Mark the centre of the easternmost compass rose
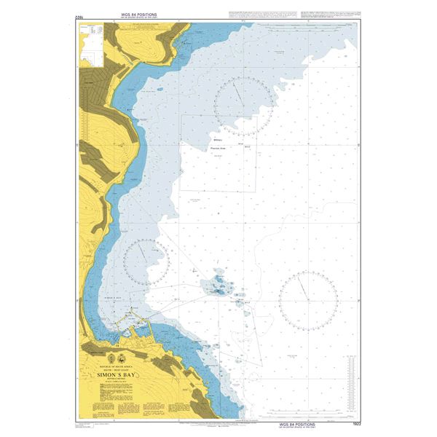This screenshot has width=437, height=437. [307, 299]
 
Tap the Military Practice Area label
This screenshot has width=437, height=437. [219, 143]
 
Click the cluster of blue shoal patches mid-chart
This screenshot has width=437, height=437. [217, 284]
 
